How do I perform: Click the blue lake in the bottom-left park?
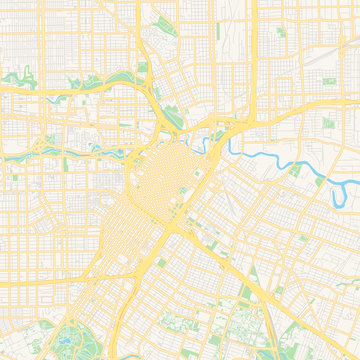[x=66, y=338]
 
